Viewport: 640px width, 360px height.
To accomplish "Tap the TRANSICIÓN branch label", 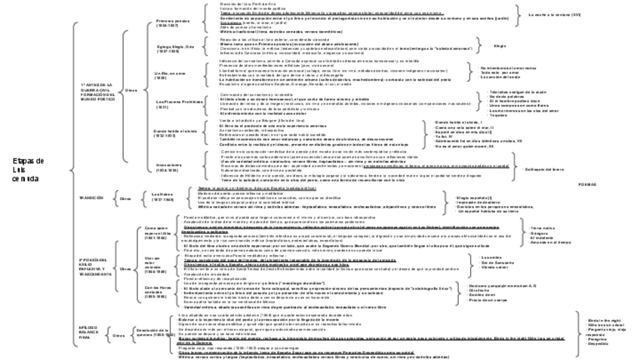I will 91,198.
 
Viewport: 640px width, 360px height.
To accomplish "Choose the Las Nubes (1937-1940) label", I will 163,198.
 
